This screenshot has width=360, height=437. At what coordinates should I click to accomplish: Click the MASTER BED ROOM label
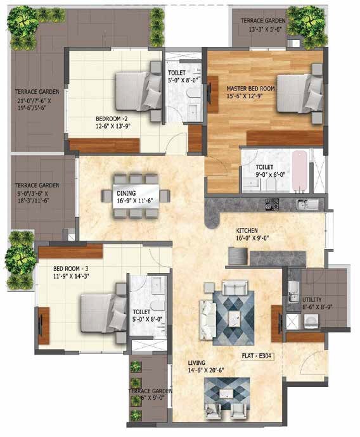250,89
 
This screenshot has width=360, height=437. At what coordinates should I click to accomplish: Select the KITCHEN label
248,231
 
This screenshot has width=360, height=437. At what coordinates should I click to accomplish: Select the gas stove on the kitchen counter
272,205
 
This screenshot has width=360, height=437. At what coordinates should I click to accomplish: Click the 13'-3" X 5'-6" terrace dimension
263,29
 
